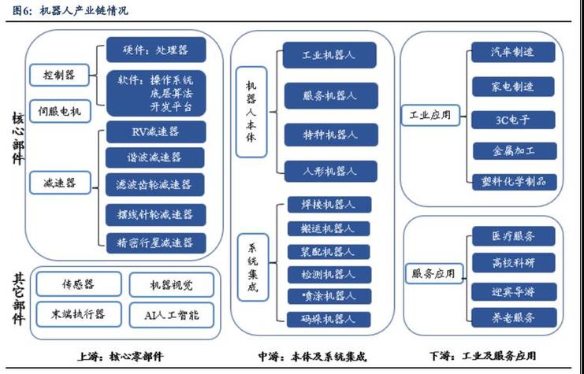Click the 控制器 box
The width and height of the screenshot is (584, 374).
(x=60, y=75)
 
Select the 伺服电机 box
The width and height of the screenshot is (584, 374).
(x=60, y=111)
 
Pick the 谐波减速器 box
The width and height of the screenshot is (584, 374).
(x=155, y=157)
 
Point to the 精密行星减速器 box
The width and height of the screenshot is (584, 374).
(x=155, y=242)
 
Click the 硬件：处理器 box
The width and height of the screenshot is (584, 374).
(x=155, y=50)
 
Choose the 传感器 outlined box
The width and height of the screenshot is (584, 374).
(x=79, y=284)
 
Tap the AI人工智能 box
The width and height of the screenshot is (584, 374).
(x=170, y=315)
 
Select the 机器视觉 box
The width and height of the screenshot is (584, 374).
(x=170, y=284)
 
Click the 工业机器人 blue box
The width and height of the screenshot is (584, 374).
(x=329, y=57)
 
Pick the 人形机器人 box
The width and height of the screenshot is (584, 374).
(x=329, y=170)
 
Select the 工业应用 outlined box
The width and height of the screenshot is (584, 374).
(x=430, y=115)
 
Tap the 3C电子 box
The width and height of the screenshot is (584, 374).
(x=513, y=120)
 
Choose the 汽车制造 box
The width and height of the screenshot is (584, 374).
(x=513, y=52)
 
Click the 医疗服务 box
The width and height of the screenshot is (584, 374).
(x=513, y=235)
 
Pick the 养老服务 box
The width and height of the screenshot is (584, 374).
(x=513, y=318)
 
